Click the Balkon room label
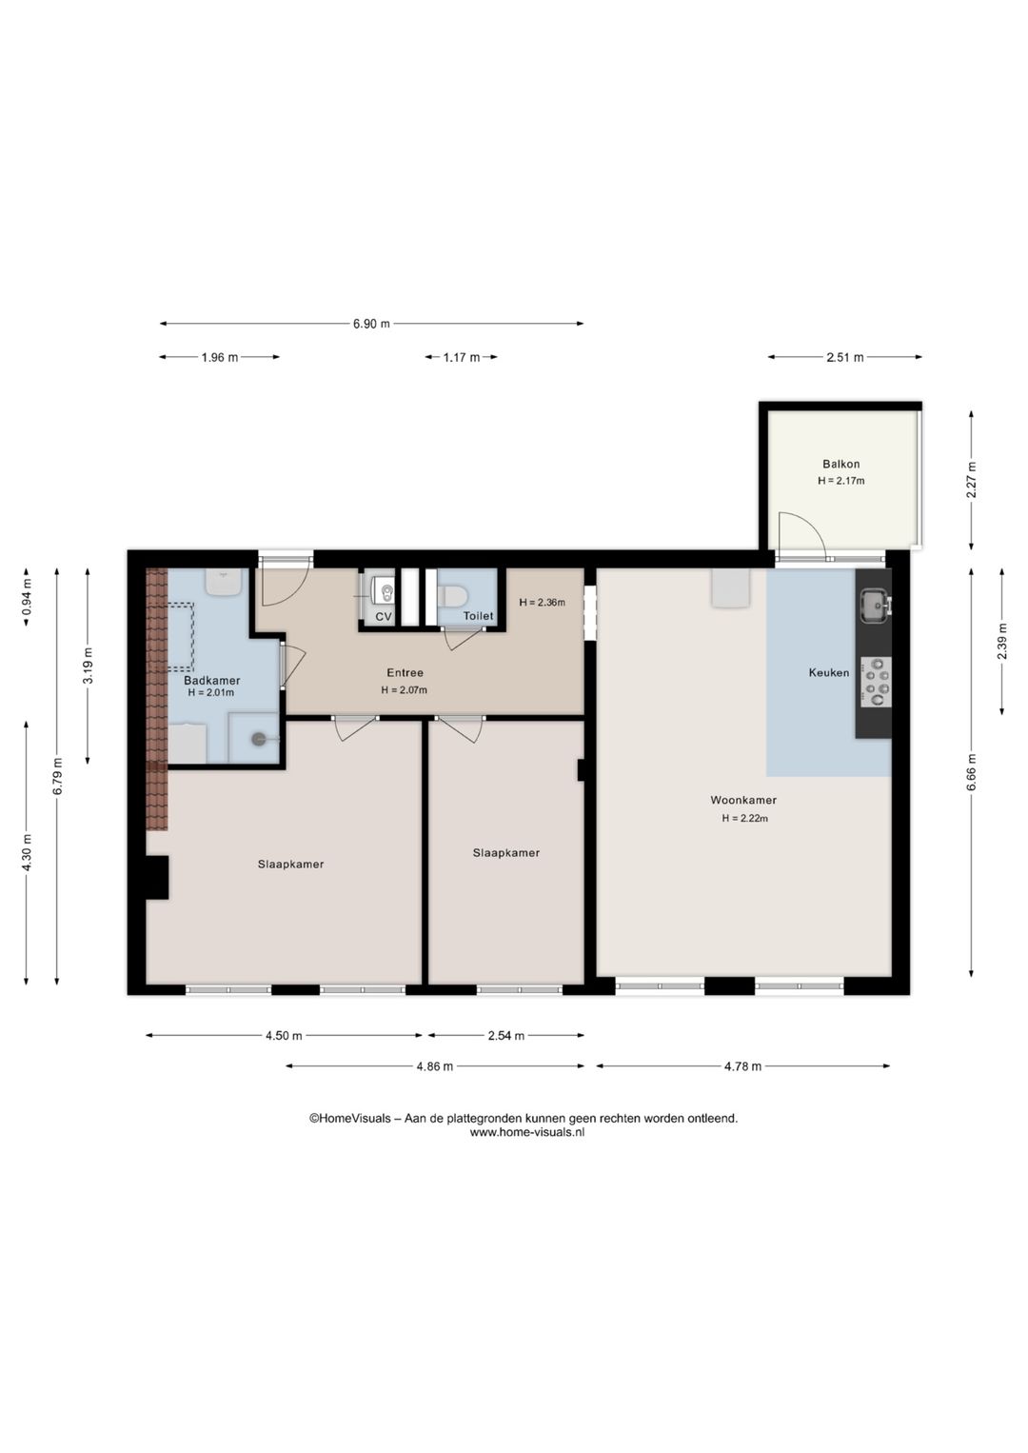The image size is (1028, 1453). coord(840,464)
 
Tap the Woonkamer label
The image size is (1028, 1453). coord(743,800)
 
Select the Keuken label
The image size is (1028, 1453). coord(828,672)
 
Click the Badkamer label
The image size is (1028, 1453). coord(211,681)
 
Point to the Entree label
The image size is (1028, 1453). coord(405,672)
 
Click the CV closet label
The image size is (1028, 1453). coord(384,616)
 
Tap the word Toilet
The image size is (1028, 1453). coord(478,616)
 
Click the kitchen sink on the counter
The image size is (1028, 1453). coord(875,606)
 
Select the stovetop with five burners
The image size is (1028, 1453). coord(876,683)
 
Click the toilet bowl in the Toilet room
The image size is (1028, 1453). coord(453,595)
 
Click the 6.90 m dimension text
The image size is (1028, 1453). coord(371,324)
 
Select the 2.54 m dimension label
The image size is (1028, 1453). coord(505,1036)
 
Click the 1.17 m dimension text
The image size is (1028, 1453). coord(462,357)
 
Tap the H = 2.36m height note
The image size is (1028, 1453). coord(543,602)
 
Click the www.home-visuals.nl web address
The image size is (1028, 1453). coord(526,1132)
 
